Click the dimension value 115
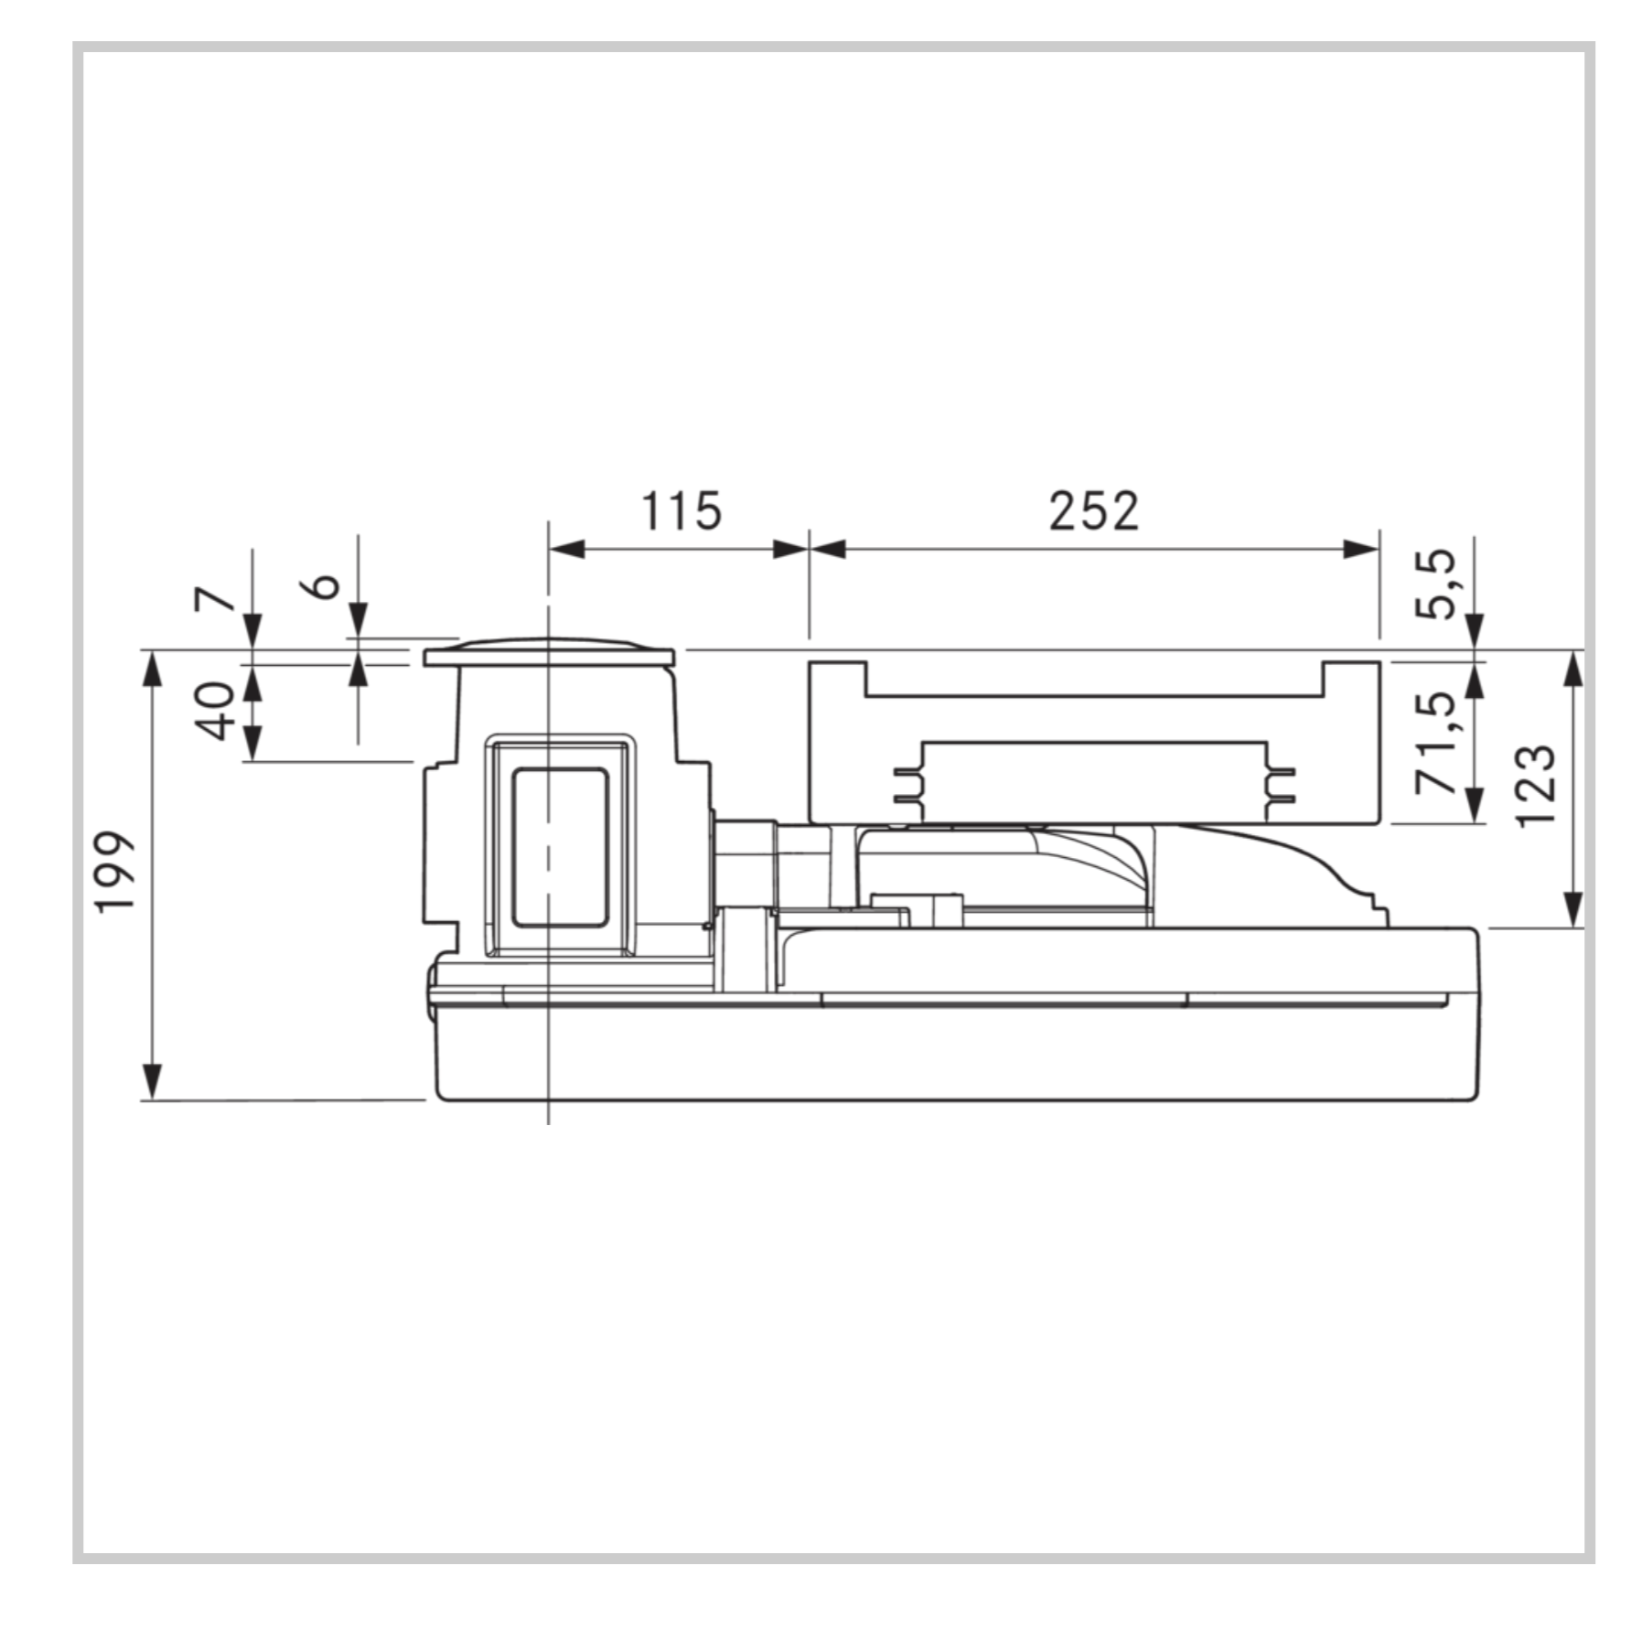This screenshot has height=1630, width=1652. (x=681, y=510)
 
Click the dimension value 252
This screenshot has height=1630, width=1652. (x=1094, y=510)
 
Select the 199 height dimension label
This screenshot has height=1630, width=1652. (x=117, y=872)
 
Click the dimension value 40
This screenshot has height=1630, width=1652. (x=216, y=711)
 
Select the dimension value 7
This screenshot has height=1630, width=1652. (x=216, y=600)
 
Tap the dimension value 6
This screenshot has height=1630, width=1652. (x=324, y=585)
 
